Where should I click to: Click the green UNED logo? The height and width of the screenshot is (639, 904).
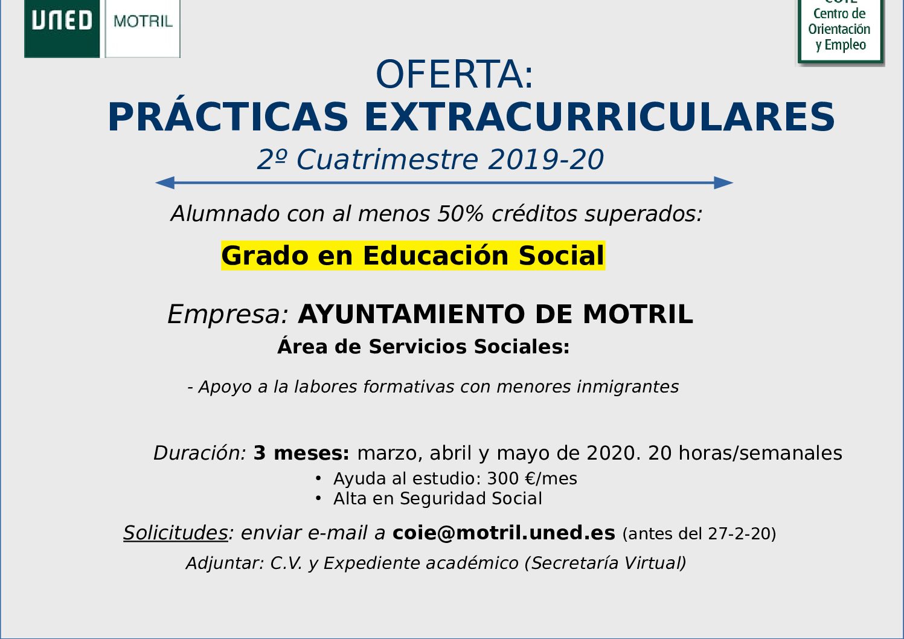pyautogui.click(x=62, y=28)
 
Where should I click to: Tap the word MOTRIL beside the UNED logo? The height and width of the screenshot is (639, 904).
pyautogui.click(x=143, y=21)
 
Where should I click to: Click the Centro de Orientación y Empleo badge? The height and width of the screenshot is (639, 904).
pyautogui.click(x=840, y=31)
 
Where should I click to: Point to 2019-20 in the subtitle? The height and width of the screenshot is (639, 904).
pyautogui.click(x=546, y=159)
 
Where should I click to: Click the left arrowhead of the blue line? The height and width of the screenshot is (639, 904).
pyautogui.click(x=165, y=183)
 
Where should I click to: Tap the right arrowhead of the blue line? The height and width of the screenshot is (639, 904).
pyautogui.click(x=723, y=183)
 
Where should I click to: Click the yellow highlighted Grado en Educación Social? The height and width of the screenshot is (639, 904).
pyautogui.click(x=413, y=255)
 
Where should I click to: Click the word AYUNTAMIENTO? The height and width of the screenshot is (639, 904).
pyautogui.click(x=411, y=315)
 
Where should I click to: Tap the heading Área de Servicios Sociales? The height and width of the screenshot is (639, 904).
pyautogui.click(x=423, y=346)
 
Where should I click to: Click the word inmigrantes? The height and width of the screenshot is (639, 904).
pyautogui.click(x=627, y=387)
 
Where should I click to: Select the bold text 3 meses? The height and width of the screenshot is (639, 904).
pyautogui.click(x=301, y=453)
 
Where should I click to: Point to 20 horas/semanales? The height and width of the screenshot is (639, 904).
pyautogui.click(x=745, y=453)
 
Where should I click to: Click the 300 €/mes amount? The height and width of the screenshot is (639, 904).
pyautogui.click(x=532, y=479)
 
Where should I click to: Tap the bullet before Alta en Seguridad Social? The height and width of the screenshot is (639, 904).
pyautogui.click(x=318, y=499)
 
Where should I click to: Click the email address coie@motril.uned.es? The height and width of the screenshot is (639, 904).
pyautogui.click(x=504, y=533)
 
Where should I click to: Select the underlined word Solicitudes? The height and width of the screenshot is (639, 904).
pyautogui.click(x=176, y=533)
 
